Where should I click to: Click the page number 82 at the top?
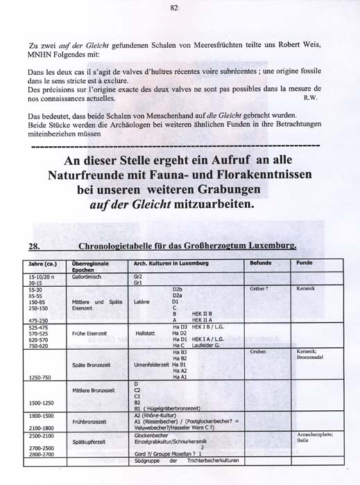(174, 8)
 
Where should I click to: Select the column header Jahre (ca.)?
(34, 265)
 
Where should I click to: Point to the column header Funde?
(304, 264)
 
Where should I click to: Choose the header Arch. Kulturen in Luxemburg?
(166, 264)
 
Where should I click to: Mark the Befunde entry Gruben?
(257, 352)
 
